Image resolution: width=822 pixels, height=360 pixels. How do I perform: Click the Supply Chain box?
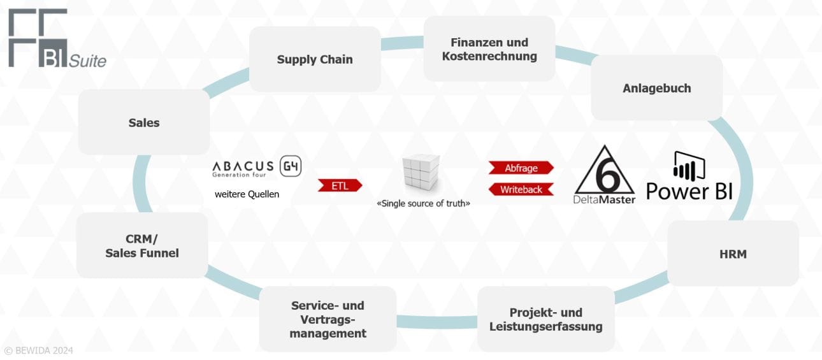point(315,59)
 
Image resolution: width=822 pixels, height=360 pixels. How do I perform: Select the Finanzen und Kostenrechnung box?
point(489,49)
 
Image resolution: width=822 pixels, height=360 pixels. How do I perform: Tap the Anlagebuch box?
point(656,88)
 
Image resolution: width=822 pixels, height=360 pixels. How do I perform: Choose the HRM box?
point(732,254)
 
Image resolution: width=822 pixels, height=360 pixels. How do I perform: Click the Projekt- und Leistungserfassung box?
point(545,319)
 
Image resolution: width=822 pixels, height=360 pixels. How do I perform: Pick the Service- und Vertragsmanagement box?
point(328,319)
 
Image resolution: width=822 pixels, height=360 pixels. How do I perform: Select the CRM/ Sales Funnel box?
point(141,245)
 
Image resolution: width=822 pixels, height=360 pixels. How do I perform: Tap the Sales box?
point(143,122)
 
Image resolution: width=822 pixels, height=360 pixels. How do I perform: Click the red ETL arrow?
point(340,185)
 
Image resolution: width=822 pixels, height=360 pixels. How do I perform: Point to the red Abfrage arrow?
point(521,168)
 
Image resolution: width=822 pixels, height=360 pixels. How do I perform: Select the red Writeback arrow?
point(521,189)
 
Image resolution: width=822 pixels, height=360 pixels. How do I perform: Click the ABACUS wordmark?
point(243,166)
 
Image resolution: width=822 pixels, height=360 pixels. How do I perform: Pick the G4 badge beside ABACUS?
point(291,166)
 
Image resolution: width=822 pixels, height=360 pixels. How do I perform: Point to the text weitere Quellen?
point(247,194)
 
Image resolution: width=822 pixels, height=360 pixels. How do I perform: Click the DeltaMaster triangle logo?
point(604,174)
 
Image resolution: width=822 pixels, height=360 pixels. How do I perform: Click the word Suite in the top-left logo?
point(87,61)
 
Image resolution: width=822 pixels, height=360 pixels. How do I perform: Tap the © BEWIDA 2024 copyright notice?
point(39,350)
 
